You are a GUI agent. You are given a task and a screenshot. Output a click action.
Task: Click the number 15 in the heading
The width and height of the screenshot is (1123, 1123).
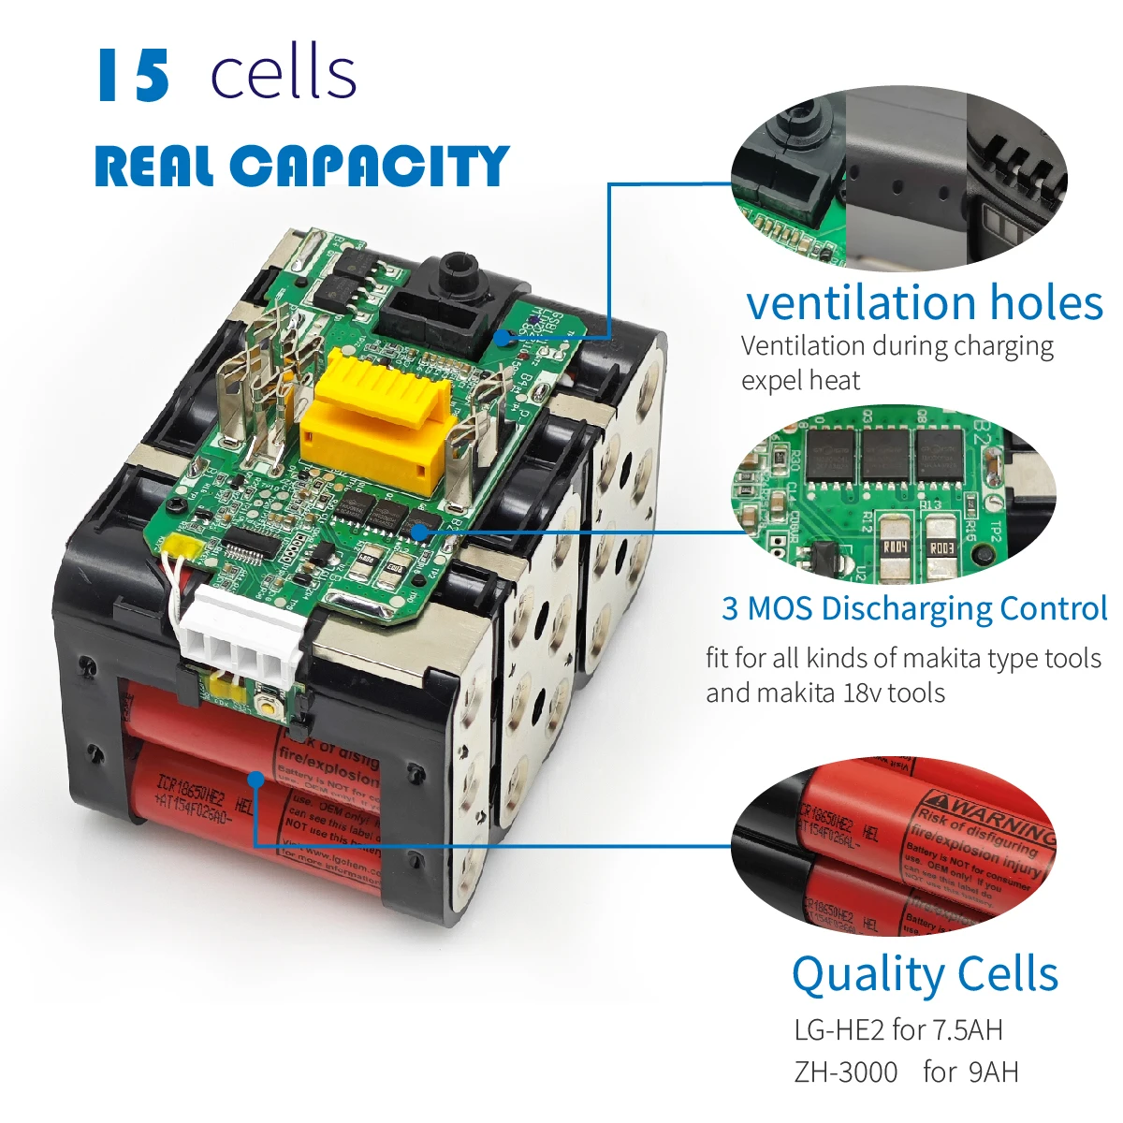134,75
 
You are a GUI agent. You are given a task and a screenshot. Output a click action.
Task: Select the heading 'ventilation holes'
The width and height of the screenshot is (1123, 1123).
925,302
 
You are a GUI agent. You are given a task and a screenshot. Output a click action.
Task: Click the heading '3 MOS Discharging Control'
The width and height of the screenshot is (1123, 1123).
914,608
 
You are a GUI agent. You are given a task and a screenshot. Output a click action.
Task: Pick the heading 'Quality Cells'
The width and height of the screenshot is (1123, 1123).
925,974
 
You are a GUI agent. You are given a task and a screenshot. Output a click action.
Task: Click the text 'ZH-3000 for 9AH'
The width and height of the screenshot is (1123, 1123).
906,1072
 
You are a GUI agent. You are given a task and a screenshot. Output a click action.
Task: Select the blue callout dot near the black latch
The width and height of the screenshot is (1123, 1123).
506,337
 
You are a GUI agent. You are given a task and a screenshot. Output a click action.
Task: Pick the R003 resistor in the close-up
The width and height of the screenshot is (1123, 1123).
941,547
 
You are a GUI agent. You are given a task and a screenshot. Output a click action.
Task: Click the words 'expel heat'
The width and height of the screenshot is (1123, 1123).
800,381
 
